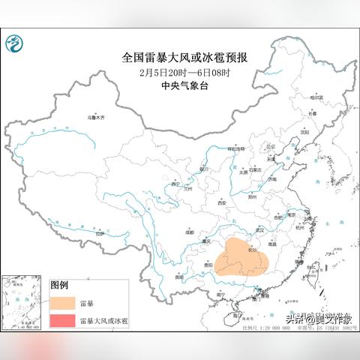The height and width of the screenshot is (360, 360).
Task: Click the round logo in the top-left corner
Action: pos(15,47)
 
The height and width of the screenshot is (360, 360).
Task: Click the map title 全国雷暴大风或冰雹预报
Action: pos(190,57)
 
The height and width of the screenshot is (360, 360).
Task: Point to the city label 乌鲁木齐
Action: pos(97,118)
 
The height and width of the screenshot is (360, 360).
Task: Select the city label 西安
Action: pos(222,202)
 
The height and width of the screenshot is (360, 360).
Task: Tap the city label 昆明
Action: pos(178,277)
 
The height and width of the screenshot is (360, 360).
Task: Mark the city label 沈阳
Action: pos(304,132)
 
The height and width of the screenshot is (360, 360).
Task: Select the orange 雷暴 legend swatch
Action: pos(64,303)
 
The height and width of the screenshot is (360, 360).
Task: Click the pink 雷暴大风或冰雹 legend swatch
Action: pos(64,321)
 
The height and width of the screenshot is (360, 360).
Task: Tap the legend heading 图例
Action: pos(59,285)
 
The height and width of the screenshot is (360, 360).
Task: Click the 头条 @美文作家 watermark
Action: pos(318,317)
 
